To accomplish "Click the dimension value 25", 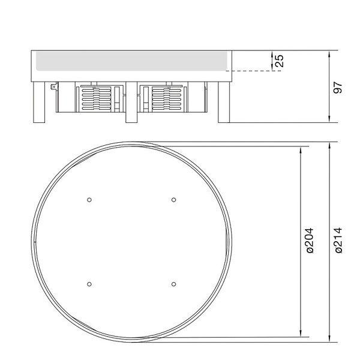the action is [280, 61].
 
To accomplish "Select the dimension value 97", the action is [337, 87].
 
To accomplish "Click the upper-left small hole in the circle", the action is [89, 200].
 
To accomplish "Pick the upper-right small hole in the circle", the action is [174, 200].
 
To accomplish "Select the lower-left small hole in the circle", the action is [89, 284].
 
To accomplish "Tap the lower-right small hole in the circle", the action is [174, 284].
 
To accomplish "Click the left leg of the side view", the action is [39, 103].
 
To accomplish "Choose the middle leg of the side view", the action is [131, 103].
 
